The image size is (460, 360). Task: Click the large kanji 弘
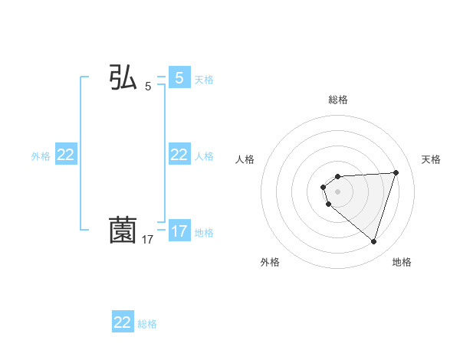coord(123,78)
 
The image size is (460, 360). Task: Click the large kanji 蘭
coord(123,231)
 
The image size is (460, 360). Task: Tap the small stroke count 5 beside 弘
coord(148,87)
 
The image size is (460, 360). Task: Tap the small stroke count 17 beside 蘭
coord(148,240)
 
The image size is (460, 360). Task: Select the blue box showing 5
coord(179,78)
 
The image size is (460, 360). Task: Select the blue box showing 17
coord(179,231)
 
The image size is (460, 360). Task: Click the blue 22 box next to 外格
coord(66,155)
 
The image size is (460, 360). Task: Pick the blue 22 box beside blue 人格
coord(179,155)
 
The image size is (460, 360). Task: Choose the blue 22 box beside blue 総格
coord(123,322)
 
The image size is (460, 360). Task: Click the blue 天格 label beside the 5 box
coord(204,79)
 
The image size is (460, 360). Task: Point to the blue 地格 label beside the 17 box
coord(204,232)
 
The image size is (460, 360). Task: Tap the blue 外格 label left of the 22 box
coord(41,155)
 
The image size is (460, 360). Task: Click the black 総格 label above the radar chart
coord(338,100)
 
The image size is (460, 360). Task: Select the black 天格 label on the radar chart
coord(432,159)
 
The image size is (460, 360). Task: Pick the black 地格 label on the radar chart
coord(402,262)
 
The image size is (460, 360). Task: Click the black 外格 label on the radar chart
coord(270,262)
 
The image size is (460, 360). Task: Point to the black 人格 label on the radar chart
coord(245,159)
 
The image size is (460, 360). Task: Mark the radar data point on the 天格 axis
coord(396,172)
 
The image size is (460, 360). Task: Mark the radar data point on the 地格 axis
coord(373,241)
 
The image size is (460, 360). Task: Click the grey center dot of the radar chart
coord(338,191)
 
